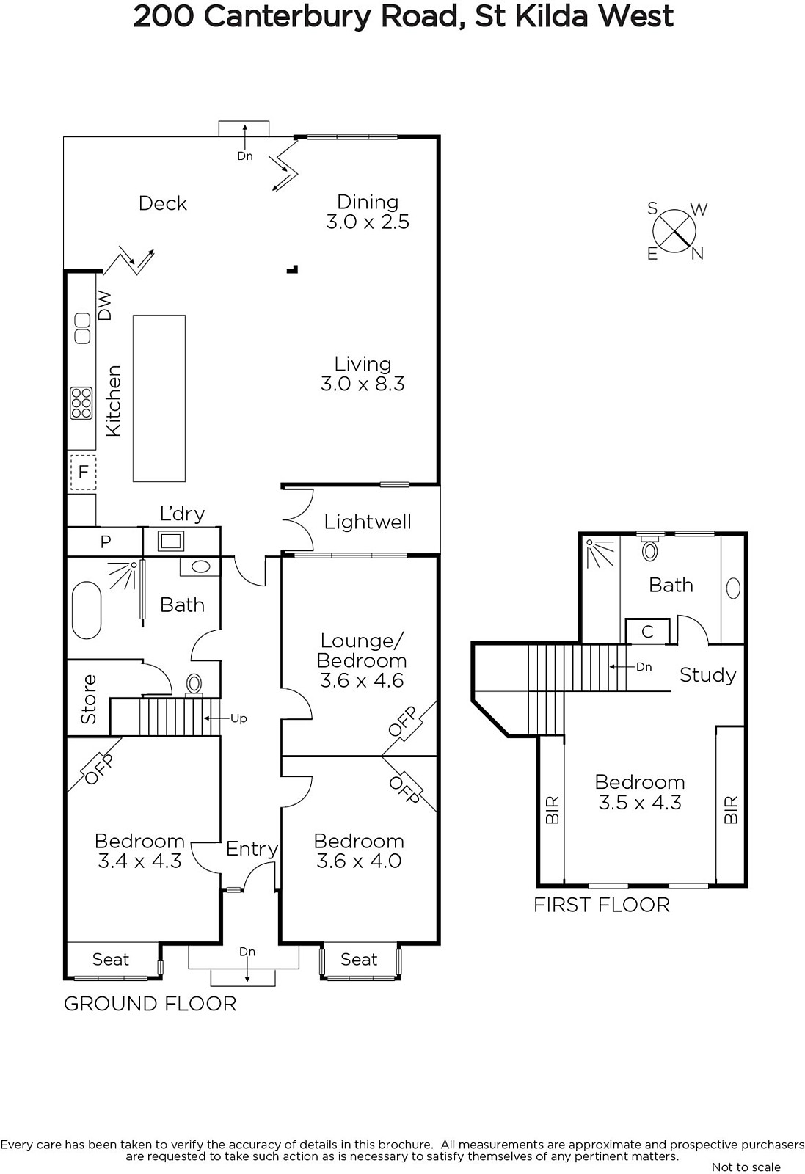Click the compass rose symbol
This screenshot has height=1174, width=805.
(674, 231)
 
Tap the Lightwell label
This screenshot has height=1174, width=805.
(368, 522)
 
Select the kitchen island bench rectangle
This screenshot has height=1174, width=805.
(159, 398)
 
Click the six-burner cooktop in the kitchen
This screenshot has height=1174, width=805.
(81, 403)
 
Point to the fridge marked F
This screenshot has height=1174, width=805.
(83, 473)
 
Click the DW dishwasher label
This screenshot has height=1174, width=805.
(106, 305)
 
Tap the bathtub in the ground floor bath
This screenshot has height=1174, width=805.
(87, 610)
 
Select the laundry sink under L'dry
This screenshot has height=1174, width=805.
(171, 540)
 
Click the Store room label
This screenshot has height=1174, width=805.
(89, 699)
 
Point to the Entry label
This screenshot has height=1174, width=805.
(252, 848)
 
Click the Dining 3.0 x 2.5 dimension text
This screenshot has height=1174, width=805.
(368, 222)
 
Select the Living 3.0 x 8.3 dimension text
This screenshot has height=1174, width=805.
(363, 384)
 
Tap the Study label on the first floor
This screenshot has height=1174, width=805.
(708, 675)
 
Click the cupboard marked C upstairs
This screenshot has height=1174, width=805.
(648, 632)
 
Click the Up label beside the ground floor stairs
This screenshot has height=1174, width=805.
(238, 718)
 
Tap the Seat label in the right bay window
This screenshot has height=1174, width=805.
(359, 959)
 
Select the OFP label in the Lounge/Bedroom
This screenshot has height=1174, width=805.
(403, 722)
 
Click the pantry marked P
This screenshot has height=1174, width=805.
(106, 542)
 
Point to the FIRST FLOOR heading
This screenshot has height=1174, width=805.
(602, 905)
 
